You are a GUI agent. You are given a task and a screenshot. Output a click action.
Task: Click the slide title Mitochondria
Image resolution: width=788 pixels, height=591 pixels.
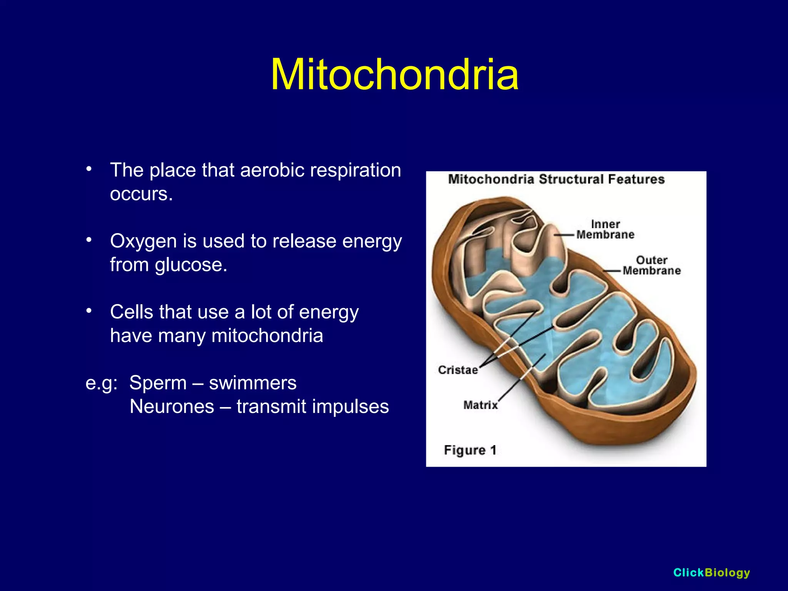click(x=394, y=75)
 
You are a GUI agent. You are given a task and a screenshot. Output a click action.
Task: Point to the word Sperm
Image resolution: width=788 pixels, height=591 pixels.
click(x=158, y=383)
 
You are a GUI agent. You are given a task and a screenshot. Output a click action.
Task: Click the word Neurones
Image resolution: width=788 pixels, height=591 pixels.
click(x=172, y=407)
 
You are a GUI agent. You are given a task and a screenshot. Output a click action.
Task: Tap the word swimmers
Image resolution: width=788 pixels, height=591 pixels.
click(x=252, y=383)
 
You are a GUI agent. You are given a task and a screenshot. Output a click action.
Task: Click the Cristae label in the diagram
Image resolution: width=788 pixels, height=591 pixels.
click(x=457, y=370)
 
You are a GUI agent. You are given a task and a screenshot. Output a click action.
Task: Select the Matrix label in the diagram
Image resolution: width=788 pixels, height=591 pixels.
click(x=480, y=405)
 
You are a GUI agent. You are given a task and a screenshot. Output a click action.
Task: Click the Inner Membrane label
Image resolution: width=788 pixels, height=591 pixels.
click(x=605, y=229)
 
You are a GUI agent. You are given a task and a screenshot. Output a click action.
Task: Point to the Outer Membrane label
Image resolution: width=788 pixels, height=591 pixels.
click(x=651, y=265)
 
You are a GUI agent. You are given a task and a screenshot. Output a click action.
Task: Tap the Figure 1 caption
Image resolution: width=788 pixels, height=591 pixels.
click(x=470, y=450)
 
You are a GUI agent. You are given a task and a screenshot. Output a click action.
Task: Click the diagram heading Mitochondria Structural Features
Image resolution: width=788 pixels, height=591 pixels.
click(x=556, y=179)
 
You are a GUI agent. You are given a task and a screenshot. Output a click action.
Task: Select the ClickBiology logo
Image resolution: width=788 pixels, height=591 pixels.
click(x=711, y=573)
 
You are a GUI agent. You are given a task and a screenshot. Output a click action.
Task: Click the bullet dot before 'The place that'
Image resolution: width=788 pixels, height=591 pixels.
click(x=89, y=169)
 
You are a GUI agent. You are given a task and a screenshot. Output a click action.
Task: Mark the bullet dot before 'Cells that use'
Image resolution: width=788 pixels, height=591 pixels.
click(x=89, y=311)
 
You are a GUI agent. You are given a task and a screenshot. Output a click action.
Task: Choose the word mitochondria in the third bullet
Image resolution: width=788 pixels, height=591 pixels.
click(x=267, y=336)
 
